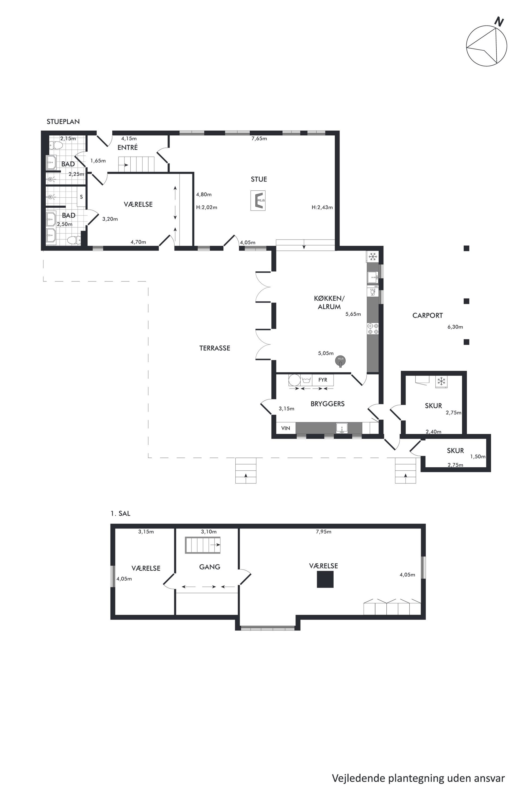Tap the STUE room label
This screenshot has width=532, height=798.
tap(259, 179)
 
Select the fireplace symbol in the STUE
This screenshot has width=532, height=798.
tap(258, 201)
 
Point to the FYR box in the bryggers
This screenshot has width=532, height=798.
tap(323, 380)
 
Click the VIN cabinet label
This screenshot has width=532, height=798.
tap(286, 428)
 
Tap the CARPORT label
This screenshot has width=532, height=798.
tap(427, 316)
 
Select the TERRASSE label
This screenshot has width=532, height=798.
tap(215, 348)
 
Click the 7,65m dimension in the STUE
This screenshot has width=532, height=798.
tap(259, 138)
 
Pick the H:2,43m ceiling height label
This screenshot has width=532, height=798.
tap(322, 207)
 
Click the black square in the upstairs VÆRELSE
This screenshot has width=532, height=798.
tap(325, 579)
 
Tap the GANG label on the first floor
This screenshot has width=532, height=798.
tap(210, 567)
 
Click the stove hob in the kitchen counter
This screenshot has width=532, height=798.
tap(373, 329)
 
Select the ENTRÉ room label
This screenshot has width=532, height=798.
tap(128, 147)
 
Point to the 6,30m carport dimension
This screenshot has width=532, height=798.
tap(455, 327)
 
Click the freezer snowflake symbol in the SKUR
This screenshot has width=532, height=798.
tap(441, 381)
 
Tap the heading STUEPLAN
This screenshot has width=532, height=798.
tap(63, 121)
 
